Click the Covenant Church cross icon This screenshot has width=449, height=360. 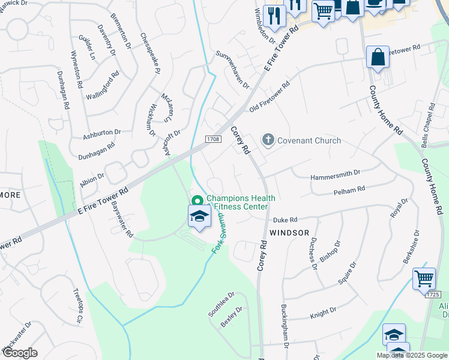pos(268,140)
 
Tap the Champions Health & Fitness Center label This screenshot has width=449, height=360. pos(241,202)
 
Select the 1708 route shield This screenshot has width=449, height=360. pos(213,139)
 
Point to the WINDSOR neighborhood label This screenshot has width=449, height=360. pos(289,232)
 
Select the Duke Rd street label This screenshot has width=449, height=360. pos(285,220)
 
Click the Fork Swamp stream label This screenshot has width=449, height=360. pos(217,232)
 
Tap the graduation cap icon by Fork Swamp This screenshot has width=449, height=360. pos(199,217)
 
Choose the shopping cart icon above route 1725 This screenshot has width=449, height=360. pos(424,278)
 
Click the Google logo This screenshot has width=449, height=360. pos(19,353)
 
